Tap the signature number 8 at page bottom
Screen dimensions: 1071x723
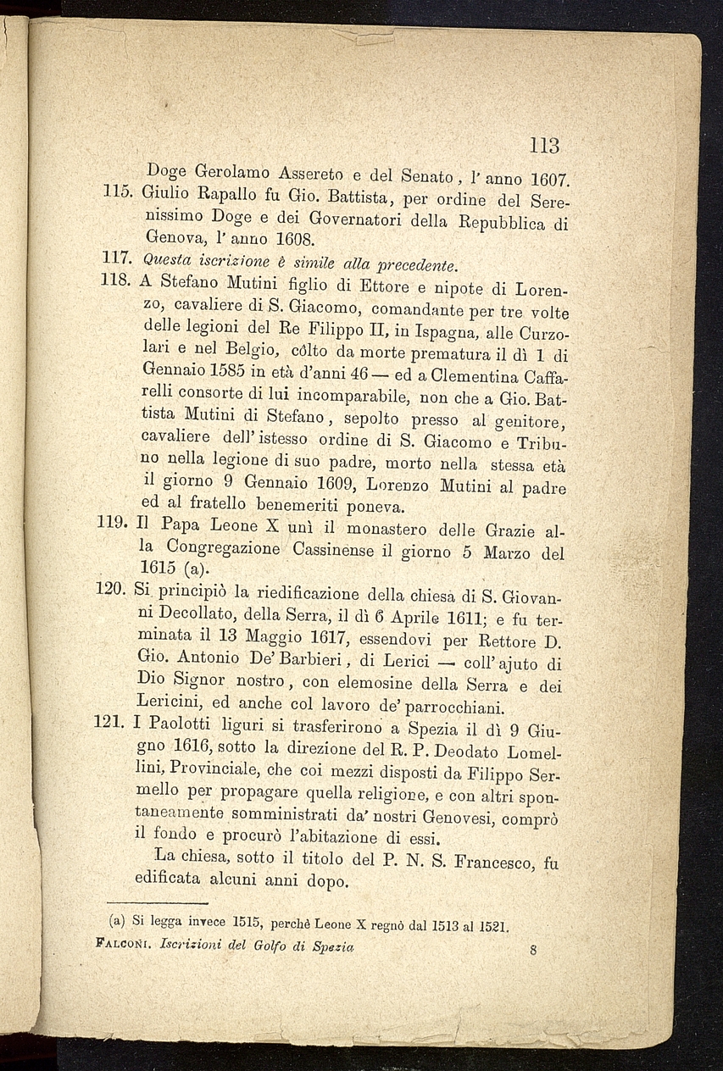pyautogui.click(x=532, y=950)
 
